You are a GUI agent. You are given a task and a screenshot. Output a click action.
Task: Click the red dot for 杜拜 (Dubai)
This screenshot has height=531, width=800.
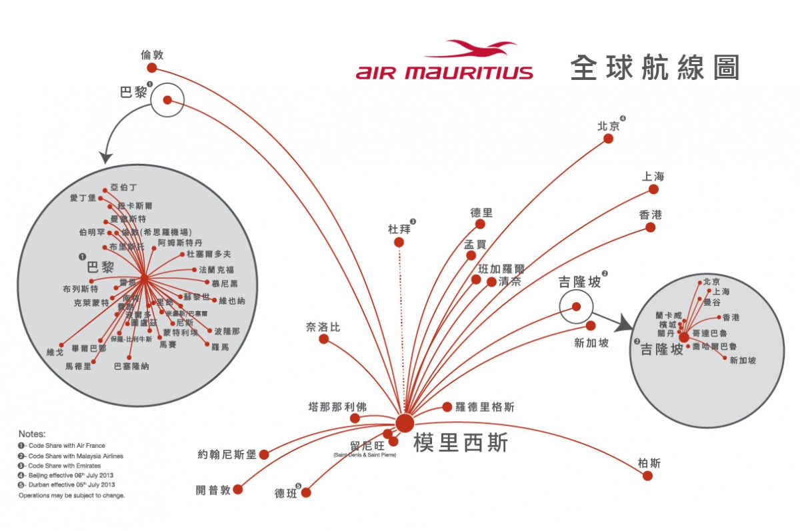click(x=399, y=243)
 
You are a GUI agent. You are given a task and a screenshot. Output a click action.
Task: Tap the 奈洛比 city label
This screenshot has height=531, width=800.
click(x=323, y=327)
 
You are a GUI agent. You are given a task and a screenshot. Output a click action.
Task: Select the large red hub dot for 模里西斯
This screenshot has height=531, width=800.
click(x=404, y=422)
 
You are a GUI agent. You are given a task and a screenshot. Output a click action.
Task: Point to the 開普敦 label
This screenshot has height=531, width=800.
click(x=213, y=490)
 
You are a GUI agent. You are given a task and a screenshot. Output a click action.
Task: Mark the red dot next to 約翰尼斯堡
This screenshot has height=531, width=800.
click(x=263, y=454)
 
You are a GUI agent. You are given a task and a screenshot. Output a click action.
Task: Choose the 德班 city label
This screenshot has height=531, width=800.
click(x=285, y=494)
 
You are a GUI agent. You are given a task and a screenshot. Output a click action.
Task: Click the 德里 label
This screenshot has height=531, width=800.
click(x=481, y=213)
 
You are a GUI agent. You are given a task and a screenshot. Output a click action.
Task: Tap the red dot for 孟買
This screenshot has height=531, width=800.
click(x=471, y=255)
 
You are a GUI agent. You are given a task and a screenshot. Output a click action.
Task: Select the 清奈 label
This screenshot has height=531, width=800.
click(x=509, y=281)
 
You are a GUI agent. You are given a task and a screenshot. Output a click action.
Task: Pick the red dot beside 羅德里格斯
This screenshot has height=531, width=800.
click(x=447, y=407)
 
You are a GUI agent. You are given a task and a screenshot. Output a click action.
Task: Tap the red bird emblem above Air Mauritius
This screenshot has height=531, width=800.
click(x=471, y=50)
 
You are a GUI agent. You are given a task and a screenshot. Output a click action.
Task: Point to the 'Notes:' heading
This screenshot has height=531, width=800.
click(x=32, y=434)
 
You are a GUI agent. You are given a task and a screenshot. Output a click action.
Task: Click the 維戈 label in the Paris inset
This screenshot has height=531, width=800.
click(x=55, y=351)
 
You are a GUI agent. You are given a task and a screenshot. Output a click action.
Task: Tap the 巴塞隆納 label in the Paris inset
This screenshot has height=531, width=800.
click(x=131, y=366)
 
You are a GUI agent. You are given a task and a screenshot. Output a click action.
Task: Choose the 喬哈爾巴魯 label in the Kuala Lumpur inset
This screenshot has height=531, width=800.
click(x=714, y=346)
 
